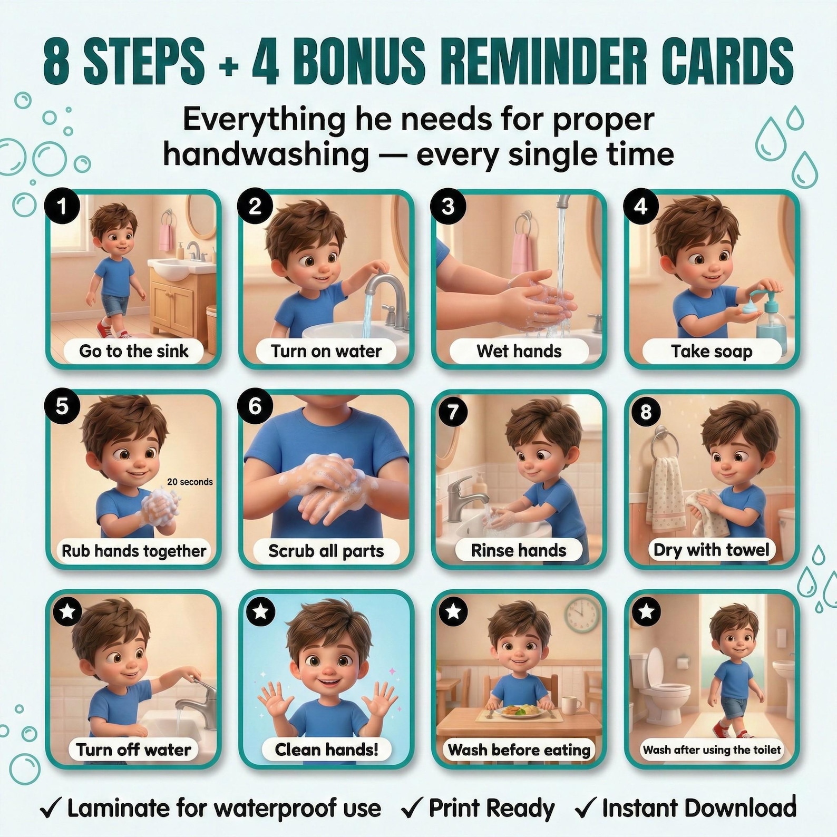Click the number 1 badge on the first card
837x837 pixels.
(x=62, y=206)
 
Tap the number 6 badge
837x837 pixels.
(x=255, y=406)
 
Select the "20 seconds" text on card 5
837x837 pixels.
(x=190, y=482)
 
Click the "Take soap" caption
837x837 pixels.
(x=712, y=351)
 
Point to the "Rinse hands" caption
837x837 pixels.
(x=519, y=550)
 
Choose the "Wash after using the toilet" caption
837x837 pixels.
(x=712, y=750)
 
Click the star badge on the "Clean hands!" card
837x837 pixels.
(x=260, y=611)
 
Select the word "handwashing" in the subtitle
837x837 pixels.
(x=266, y=154)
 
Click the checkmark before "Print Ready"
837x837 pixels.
(x=412, y=809)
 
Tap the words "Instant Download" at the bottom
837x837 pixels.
(x=699, y=807)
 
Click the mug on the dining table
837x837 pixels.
(x=571, y=705)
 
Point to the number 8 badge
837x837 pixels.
(x=646, y=412)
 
